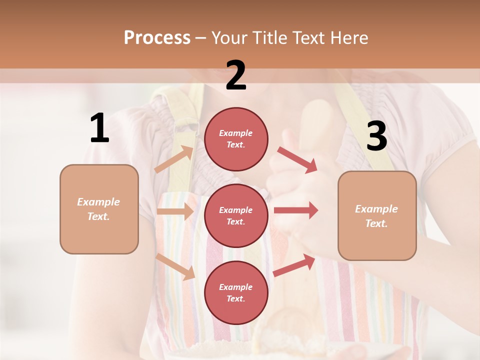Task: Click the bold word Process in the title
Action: point(157,38)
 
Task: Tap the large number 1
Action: point(99,128)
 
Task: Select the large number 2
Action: point(236,75)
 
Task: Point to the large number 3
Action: point(376,136)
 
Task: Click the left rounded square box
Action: point(99,209)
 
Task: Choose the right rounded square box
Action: point(377,215)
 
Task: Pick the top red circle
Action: point(236,139)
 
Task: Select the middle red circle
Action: point(236,215)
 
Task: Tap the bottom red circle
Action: point(236,292)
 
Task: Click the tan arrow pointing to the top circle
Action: point(174,159)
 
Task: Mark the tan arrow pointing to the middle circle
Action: point(175,211)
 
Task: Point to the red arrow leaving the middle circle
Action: point(295,210)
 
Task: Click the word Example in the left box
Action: point(98,202)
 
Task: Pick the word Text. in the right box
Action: point(376,223)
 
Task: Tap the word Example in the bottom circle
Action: point(236,287)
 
